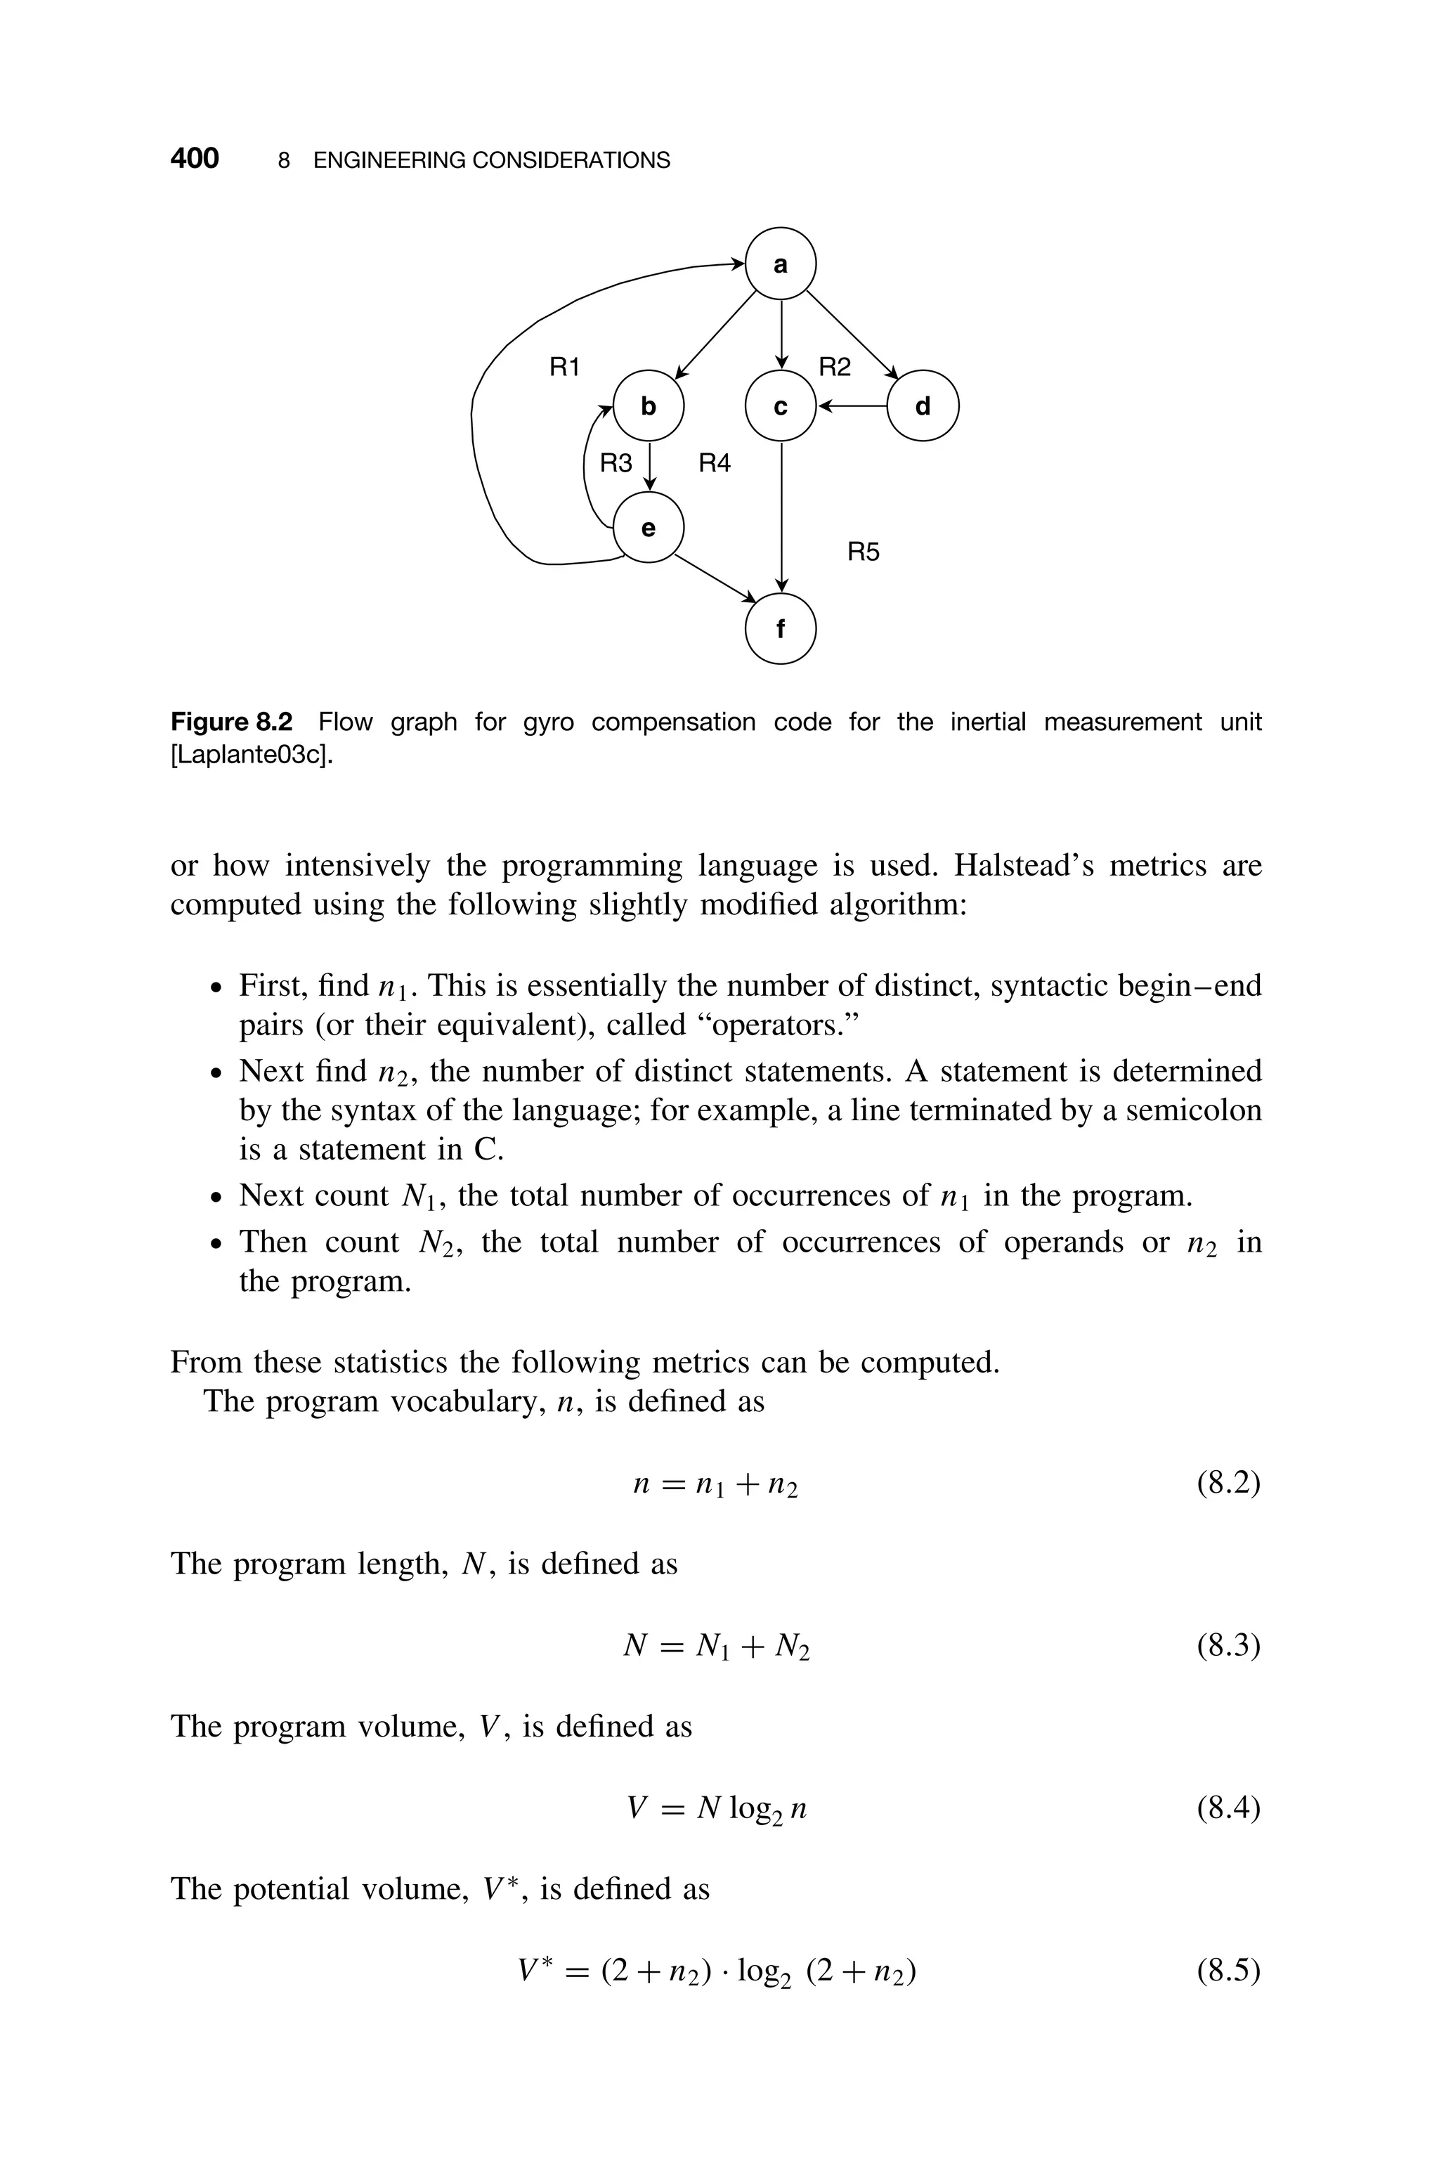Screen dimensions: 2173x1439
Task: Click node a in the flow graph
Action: coord(780,264)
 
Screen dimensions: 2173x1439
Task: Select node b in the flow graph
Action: coord(649,406)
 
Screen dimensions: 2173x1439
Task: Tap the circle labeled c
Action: coord(780,406)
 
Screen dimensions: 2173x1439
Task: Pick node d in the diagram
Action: coord(923,406)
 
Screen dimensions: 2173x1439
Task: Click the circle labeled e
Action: coord(649,528)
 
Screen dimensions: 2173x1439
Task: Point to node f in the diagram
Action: coord(780,630)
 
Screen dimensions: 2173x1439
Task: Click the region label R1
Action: coord(564,368)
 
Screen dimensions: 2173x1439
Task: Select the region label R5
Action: coord(863,552)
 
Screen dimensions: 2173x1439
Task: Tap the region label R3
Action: coord(616,463)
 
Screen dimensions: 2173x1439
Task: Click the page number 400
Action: coord(195,159)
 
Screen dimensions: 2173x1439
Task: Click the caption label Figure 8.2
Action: coord(231,722)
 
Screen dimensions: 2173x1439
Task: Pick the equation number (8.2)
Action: coord(1228,1483)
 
